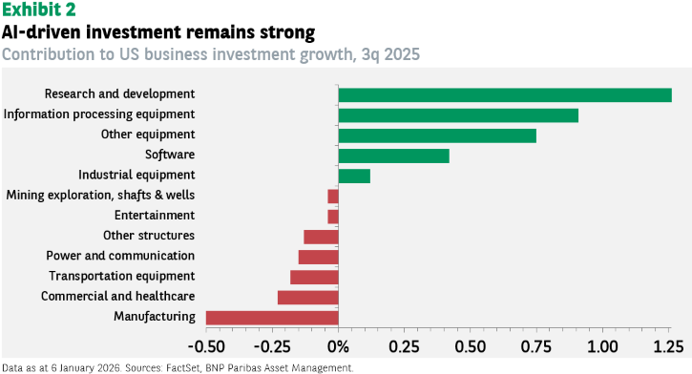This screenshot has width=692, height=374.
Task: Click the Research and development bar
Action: pos(505,95)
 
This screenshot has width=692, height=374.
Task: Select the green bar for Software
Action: pos(393,156)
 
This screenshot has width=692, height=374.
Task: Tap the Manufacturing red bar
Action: pos(272,318)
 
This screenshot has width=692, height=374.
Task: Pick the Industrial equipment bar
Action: pos(354,177)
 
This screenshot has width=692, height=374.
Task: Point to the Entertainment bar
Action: pos(333,217)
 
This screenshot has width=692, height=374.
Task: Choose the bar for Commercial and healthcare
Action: pos(308,298)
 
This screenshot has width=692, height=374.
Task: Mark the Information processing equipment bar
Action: pos(458,115)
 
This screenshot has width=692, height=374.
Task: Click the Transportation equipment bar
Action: pos(314,278)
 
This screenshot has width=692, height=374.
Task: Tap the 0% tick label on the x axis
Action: pos(339,346)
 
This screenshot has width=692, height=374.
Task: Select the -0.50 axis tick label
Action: pos(206,346)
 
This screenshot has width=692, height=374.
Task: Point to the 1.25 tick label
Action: pos(668,346)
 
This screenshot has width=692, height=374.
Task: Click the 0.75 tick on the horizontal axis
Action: pos(536,346)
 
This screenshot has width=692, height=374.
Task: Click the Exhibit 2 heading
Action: pos(39,10)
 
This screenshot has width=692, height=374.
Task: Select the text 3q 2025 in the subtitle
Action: pos(390,54)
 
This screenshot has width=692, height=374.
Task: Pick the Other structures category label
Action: pos(149,236)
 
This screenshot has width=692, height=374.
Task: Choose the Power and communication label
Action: pos(120,256)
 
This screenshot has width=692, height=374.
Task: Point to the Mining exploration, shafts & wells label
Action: pos(100,195)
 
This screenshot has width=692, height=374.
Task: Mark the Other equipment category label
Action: pos(148,135)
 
